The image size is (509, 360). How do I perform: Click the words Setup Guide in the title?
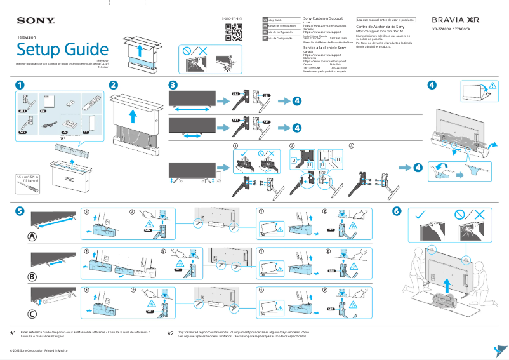point(62,50)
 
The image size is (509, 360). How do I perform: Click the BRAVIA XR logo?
point(455,20)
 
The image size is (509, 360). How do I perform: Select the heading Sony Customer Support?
point(323,19)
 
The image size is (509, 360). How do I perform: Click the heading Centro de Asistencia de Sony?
point(380,27)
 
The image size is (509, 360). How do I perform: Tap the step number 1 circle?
point(20,84)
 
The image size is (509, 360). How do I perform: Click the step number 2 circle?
point(113,84)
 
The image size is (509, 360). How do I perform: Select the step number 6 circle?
point(397,211)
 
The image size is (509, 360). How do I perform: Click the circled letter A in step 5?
point(32,237)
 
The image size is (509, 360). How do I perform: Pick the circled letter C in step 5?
point(32,314)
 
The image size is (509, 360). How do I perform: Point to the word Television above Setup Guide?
point(25,37)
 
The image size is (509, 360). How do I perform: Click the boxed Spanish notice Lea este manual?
point(385,20)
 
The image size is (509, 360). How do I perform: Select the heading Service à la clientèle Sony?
point(324,48)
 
